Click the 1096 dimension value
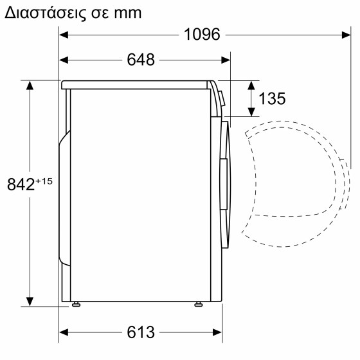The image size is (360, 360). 202,35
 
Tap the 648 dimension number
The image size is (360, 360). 141,60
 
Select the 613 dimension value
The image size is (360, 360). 141,332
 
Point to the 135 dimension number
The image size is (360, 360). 272,99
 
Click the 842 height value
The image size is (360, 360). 21,184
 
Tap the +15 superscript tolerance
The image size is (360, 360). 44,181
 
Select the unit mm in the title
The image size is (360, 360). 128,14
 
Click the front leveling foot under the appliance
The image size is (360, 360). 199,305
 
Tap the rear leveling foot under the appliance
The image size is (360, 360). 76,305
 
